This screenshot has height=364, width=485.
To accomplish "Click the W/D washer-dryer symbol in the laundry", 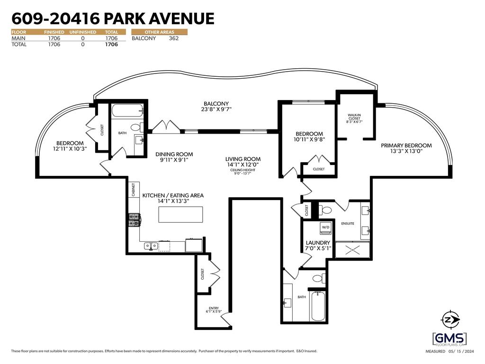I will pyautogui.click(x=326, y=227).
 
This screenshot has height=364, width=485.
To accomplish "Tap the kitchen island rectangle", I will pyautogui.click(x=180, y=214).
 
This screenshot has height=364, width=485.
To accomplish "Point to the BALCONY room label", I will pyautogui.click(x=216, y=107).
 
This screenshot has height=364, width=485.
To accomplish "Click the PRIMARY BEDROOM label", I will pyautogui.click(x=406, y=148).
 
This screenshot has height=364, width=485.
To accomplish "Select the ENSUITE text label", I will pyautogui.click(x=348, y=223).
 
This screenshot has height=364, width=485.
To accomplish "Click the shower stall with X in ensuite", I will pyautogui.click(x=351, y=249).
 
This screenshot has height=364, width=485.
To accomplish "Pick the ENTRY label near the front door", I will pyautogui.click(x=214, y=309).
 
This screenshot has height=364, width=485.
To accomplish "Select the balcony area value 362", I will pyautogui.click(x=173, y=38).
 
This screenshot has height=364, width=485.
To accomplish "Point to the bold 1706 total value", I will pyautogui.click(x=111, y=45).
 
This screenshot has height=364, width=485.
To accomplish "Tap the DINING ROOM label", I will pyautogui.click(x=174, y=154).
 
